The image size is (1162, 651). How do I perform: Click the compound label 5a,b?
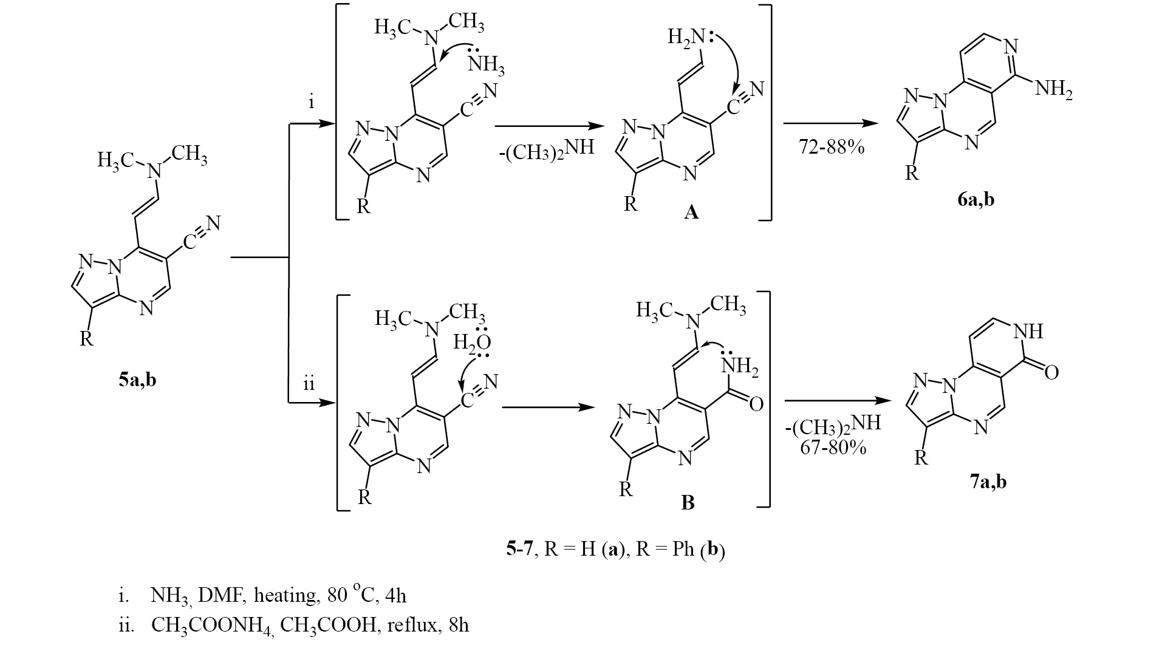coord(137,381)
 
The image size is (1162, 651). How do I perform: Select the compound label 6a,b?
coord(971,199)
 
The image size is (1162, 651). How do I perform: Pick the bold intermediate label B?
coord(688,503)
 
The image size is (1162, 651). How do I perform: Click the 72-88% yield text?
coord(832,147)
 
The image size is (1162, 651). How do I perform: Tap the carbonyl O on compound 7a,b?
coord(1051,372)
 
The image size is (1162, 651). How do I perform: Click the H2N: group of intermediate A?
coord(689,37)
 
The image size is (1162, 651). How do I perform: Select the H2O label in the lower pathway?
coord(472,343)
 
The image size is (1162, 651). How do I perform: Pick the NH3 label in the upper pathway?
coord(485,63)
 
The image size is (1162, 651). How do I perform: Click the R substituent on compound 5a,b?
coord(87,338)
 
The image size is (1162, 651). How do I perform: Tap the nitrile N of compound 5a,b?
coord(213,223)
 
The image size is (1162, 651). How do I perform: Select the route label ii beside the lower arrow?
coord(309,384)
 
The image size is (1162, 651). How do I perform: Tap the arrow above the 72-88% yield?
coord(831,124)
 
